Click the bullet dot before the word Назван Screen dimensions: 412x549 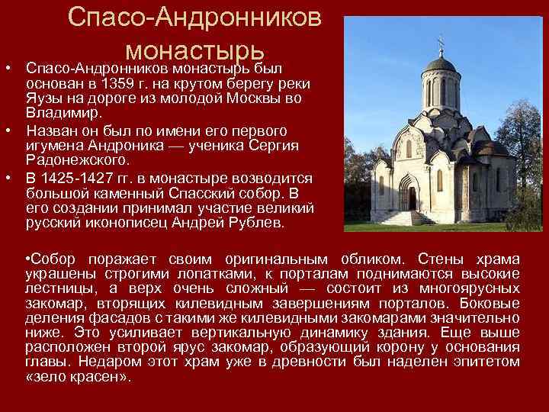point(7,130)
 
